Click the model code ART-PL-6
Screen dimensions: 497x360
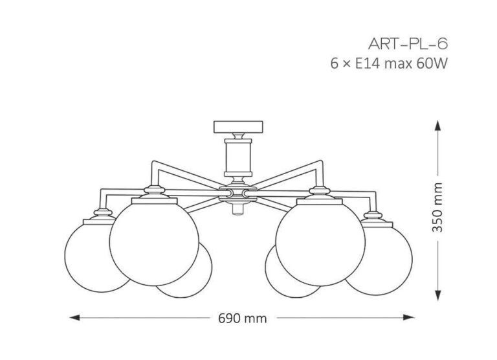[408, 44]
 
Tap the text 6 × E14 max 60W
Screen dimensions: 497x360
[389, 63]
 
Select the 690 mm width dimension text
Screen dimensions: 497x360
[243, 318]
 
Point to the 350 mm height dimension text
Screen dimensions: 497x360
[437, 207]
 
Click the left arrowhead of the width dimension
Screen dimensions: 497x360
[74, 317]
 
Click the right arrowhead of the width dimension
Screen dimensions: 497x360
[409, 317]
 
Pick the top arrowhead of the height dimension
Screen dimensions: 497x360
[437, 126]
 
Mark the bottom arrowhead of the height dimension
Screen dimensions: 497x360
[437, 295]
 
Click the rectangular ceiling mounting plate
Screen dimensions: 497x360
[238, 127]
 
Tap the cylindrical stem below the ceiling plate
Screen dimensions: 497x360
[238, 157]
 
